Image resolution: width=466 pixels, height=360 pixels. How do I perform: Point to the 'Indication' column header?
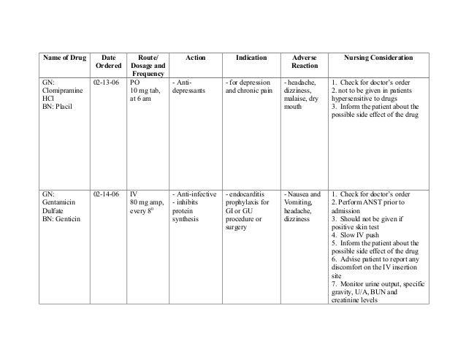[251, 58]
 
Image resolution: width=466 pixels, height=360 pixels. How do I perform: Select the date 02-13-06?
[107, 83]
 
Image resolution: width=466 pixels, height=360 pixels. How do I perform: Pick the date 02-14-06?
[107, 194]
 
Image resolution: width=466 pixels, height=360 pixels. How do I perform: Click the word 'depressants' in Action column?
[189, 91]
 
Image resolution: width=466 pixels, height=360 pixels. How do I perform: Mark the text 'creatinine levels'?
[361, 301]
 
